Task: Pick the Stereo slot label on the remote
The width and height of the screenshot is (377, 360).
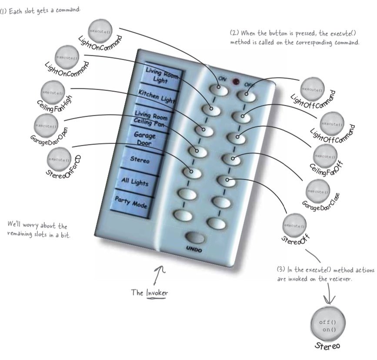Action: click(140, 160)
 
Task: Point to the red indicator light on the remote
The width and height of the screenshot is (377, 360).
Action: click(237, 81)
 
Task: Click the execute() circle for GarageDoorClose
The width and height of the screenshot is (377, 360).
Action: click(318, 191)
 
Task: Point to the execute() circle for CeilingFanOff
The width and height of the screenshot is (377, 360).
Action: click(325, 156)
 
